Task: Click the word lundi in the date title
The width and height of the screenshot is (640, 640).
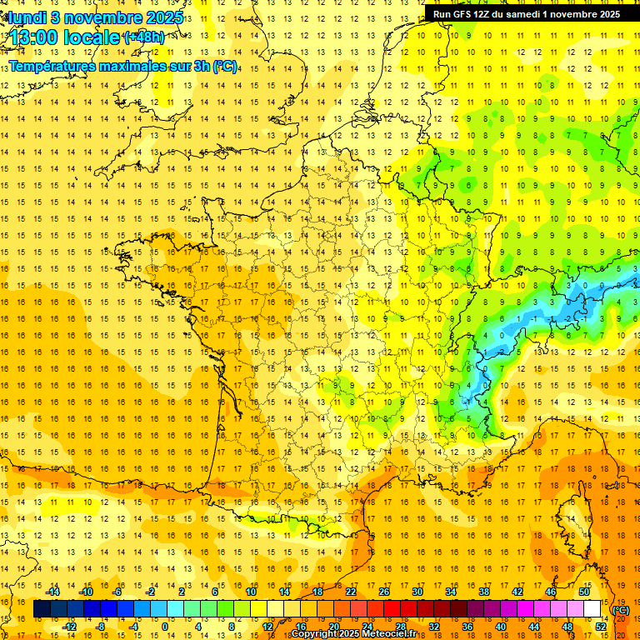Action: pyautogui.click(x=27, y=17)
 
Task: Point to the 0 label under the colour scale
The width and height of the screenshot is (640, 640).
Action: pyautogui.click(x=164, y=627)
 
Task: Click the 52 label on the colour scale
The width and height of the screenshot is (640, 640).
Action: pyautogui.click(x=601, y=627)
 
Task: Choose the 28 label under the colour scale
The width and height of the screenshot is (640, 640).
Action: pyautogui.click(x=400, y=627)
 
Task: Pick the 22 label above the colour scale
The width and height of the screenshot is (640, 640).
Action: pyautogui.click(x=351, y=592)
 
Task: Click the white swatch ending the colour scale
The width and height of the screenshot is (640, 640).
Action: pyautogui.click(x=592, y=609)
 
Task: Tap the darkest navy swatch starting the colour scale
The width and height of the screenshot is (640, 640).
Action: pyautogui.click(x=42, y=609)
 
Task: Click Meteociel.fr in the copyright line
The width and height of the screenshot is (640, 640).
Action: pyautogui.click(x=394, y=634)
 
